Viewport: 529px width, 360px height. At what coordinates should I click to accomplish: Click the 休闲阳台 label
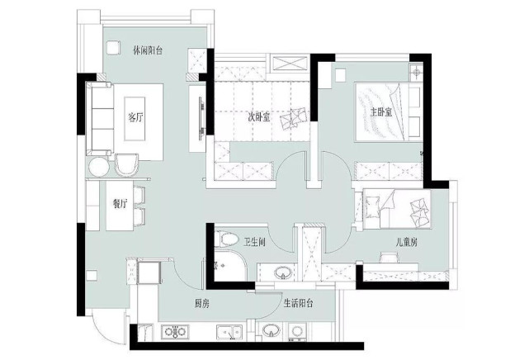(x=148, y=51)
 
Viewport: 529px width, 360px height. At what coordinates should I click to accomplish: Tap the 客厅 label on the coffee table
(x=136, y=118)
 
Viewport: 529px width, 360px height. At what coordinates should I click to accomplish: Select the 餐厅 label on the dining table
(x=120, y=204)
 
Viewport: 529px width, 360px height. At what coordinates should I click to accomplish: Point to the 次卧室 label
(x=259, y=118)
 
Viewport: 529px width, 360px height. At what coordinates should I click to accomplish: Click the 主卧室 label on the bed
(x=381, y=112)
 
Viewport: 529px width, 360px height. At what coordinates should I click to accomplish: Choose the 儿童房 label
(x=407, y=242)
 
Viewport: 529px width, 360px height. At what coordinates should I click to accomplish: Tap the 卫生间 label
(x=254, y=242)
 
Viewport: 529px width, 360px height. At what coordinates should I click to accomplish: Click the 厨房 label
(x=201, y=304)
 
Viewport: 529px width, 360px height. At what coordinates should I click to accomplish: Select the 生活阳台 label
(x=298, y=303)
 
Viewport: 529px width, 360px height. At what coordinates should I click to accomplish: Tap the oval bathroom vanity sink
(x=283, y=272)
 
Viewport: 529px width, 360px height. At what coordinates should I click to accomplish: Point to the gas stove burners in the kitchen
(x=175, y=332)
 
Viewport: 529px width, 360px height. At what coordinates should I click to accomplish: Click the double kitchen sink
(x=229, y=332)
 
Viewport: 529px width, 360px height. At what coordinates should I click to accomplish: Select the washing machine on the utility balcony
(x=297, y=331)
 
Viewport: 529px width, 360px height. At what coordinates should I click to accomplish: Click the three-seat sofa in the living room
(x=100, y=118)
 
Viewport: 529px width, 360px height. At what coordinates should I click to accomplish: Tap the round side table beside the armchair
(x=98, y=167)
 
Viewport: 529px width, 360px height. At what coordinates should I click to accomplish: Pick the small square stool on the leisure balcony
(x=113, y=48)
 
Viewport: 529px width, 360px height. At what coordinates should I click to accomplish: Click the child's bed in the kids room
(x=397, y=209)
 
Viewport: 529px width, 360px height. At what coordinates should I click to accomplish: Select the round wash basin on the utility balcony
(x=271, y=330)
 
